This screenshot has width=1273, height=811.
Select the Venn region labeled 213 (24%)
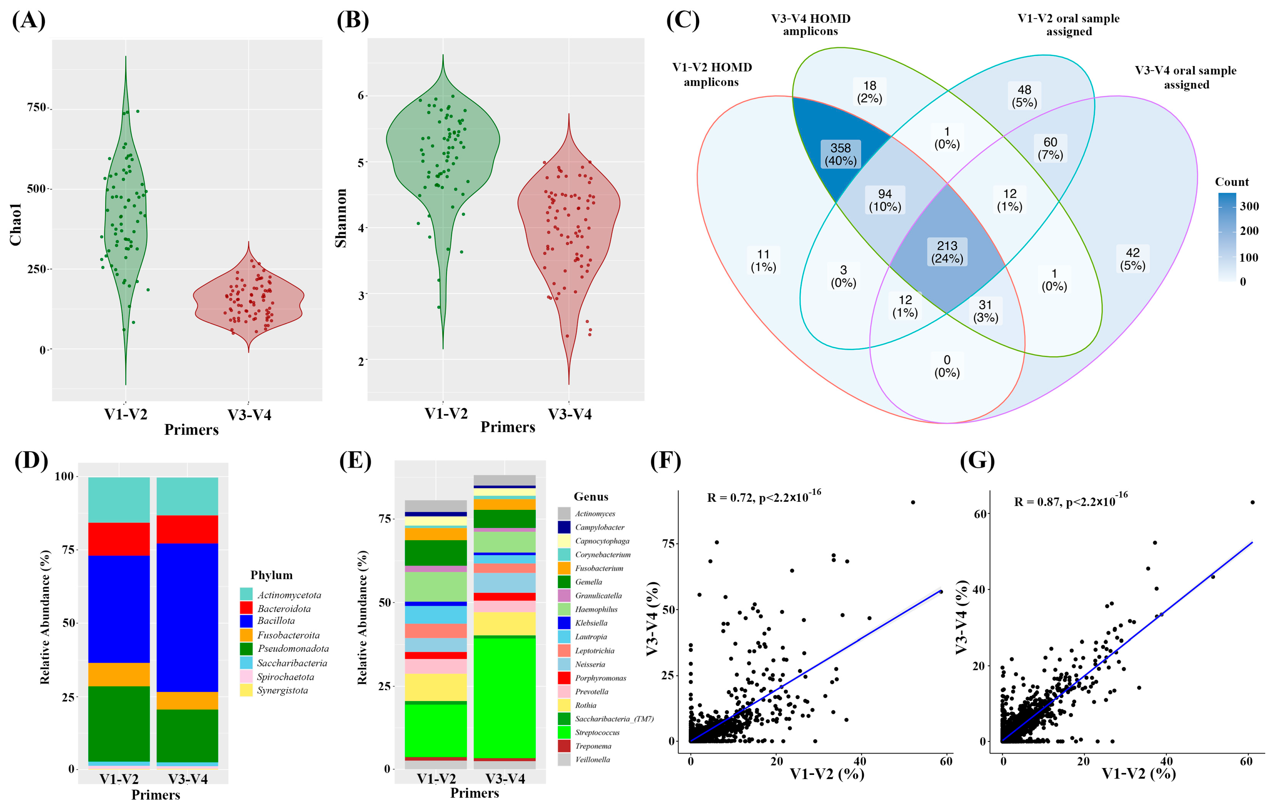[x=947, y=252]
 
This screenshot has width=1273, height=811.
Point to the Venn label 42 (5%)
[x=1132, y=259]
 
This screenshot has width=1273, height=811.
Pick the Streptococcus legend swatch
[x=564, y=732]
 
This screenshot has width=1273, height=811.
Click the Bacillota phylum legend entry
[x=276, y=621]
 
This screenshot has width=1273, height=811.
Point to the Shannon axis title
[x=341, y=218]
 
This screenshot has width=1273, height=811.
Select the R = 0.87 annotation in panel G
[x=1070, y=500]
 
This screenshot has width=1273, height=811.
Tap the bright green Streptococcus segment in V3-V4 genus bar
[x=504, y=697]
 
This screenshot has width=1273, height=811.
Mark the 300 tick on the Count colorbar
[x=1249, y=206]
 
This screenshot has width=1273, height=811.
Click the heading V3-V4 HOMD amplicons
[x=810, y=25]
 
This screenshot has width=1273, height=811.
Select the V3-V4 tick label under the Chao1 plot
[x=249, y=415]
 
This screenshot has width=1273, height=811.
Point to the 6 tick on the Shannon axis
[x=361, y=96]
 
